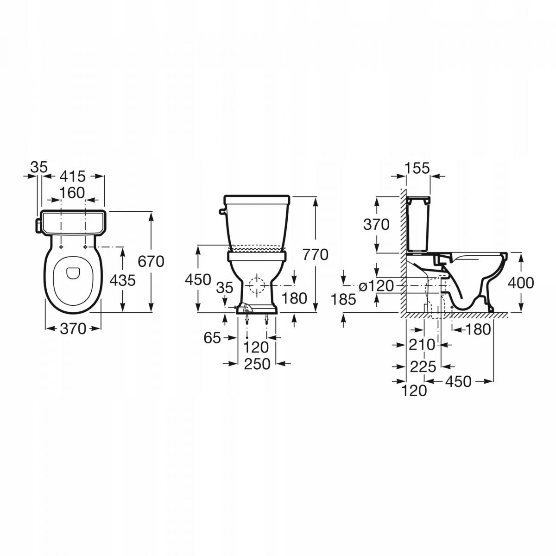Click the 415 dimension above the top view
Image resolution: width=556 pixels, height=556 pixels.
coord(73,176)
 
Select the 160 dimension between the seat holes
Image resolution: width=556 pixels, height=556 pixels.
coord(72,193)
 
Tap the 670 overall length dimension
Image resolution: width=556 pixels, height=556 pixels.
coord(151,262)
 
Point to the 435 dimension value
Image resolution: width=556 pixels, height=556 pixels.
coord(122,280)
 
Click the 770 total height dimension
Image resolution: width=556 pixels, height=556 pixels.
coord(315,255)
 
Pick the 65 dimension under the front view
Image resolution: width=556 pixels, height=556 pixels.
coord(212,338)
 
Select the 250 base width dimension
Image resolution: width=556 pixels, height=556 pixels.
coord(257,364)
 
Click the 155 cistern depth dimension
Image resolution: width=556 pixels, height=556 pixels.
coord(417,168)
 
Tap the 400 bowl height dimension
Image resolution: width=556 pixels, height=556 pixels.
coord(521,283)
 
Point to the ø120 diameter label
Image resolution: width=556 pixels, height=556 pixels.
coord(376,286)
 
